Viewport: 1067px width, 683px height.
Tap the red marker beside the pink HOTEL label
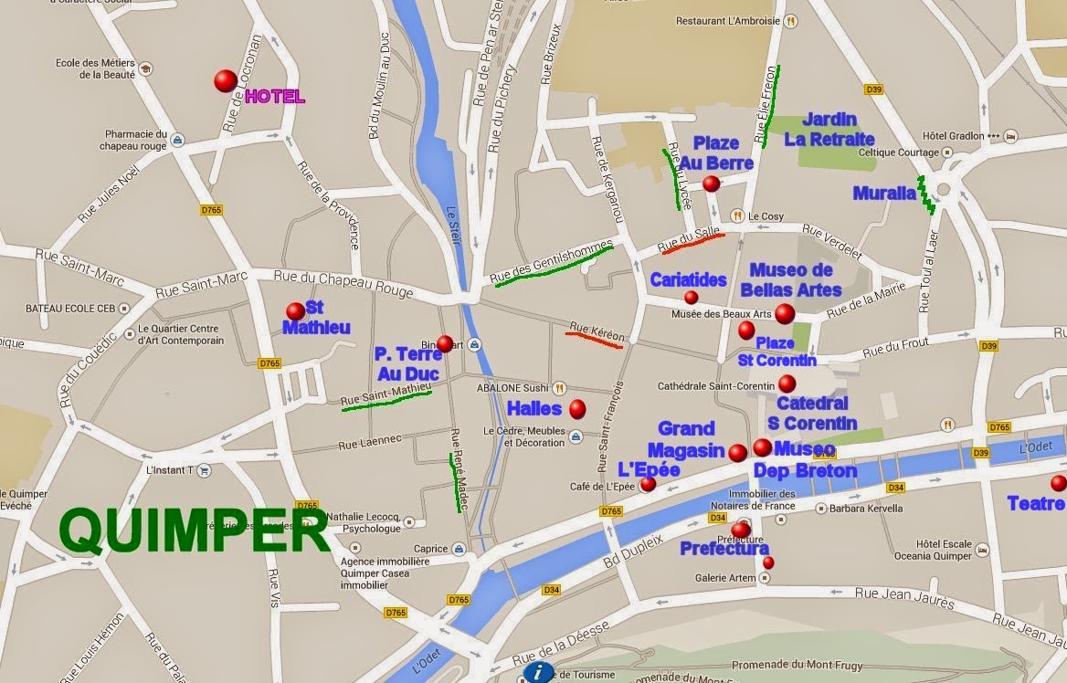pyautogui.click(x=226, y=81)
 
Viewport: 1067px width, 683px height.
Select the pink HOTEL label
pyautogui.click(x=275, y=97)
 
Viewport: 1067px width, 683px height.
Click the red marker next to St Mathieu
pyautogui.click(x=295, y=311)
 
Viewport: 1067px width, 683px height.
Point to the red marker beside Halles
pyautogui.click(x=577, y=408)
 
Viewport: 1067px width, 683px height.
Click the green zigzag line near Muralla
pyautogui.click(x=926, y=194)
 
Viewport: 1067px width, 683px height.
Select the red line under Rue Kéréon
pyautogui.click(x=594, y=340)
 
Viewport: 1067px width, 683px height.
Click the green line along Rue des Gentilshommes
pyautogui.click(x=554, y=266)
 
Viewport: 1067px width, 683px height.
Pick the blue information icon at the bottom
pyautogui.click(x=536, y=673)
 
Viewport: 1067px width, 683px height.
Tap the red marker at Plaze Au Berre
pyautogui.click(x=711, y=184)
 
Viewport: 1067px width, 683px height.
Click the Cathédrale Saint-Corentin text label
pyautogui.click(x=716, y=386)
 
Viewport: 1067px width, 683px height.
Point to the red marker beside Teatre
pyautogui.click(x=1058, y=483)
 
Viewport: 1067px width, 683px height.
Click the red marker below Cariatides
pyautogui.click(x=691, y=298)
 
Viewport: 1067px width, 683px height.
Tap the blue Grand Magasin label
pyautogui.click(x=685, y=439)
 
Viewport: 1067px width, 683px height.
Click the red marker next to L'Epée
pyautogui.click(x=648, y=484)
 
